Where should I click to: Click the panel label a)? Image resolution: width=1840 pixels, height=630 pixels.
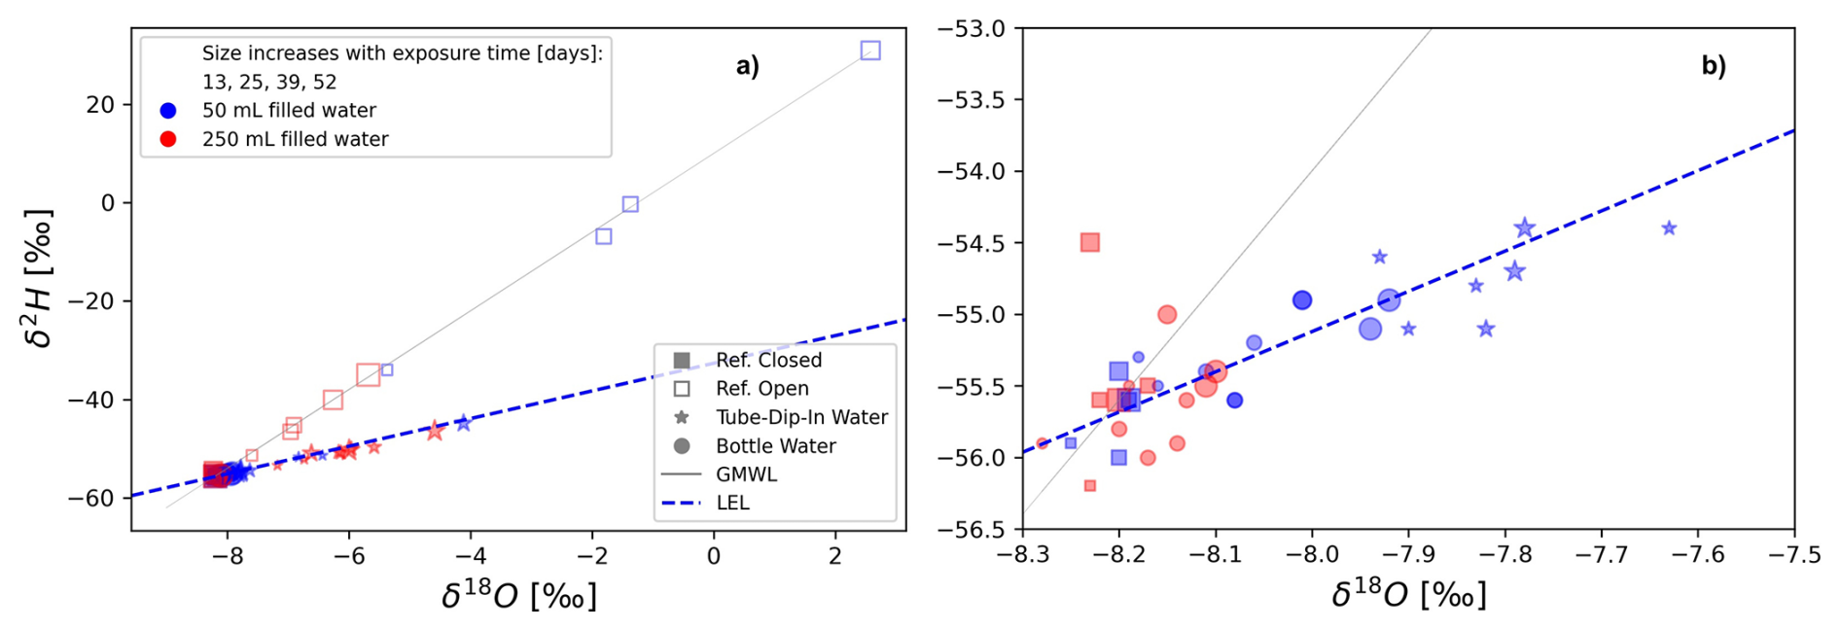[747, 66]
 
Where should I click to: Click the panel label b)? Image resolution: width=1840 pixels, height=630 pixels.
[1713, 66]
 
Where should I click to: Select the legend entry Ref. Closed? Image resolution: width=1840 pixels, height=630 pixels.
[768, 361]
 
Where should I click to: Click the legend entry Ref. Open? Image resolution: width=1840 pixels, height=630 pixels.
[761, 389]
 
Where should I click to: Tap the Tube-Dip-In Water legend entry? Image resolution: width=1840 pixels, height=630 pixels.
[801, 417]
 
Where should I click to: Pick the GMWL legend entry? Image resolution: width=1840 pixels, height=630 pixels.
[746, 474]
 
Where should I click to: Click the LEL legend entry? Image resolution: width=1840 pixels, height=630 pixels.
[732, 503]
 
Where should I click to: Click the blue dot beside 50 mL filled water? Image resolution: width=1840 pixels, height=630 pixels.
[168, 111]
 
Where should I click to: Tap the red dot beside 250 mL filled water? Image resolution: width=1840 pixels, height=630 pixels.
[168, 139]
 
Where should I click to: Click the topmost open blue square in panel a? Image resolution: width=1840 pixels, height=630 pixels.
[870, 51]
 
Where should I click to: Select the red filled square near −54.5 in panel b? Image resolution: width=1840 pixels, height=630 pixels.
[1089, 242]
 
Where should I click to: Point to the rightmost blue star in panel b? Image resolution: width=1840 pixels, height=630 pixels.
[1669, 228]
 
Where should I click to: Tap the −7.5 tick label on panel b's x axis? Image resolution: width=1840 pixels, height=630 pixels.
[1793, 555]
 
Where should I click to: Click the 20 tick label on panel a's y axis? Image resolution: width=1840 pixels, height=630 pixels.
[100, 105]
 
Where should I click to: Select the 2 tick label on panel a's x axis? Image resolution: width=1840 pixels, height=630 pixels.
[835, 556]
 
